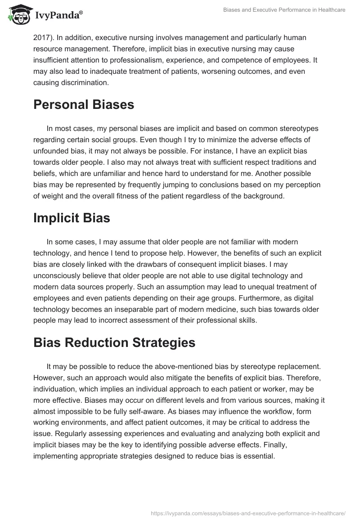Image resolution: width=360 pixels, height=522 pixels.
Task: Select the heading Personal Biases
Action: tap(84, 104)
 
